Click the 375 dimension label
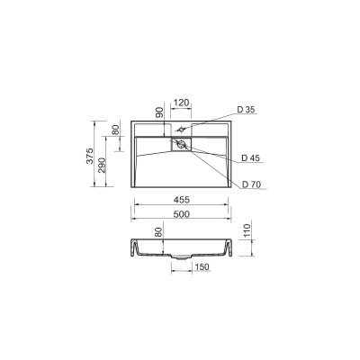pyautogui.click(x=90, y=156)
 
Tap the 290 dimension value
pyautogui.click(x=102, y=165)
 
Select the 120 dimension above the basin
pyautogui.click(x=182, y=103)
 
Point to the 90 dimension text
pyautogui.click(x=160, y=112)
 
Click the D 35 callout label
pyautogui.click(x=246, y=110)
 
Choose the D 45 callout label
pyautogui.click(x=251, y=158)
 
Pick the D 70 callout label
pyautogui.click(x=252, y=184)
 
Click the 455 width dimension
pyautogui.click(x=182, y=200)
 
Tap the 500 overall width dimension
pyautogui.click(x=182, y=214)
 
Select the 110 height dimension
pyautogui.click(x=247, y=230)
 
